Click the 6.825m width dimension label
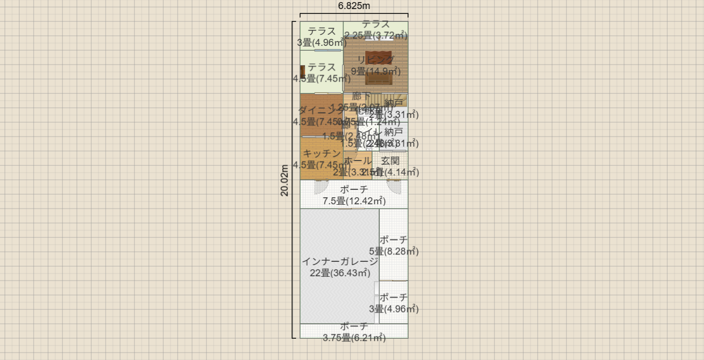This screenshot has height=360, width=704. [354, 6]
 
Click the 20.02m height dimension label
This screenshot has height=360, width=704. [285, 180]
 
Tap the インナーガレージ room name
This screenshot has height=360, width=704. [340, 261]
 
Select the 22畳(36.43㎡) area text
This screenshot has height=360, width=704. [340, 273]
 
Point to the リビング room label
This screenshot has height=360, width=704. [375, 59]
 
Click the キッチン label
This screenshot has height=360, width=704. [322, 154]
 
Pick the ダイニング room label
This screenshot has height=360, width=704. [320, 110]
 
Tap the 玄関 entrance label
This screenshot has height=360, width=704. [390, 161]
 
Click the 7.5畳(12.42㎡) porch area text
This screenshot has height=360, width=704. [354, 201]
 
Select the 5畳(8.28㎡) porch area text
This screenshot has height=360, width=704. [394, 251]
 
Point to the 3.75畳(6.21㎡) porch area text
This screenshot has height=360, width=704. [354, 337]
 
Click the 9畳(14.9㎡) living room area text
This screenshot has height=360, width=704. [375, 71]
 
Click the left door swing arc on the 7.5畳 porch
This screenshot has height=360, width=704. [321, 187]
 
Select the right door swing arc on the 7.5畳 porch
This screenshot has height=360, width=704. [394, 187]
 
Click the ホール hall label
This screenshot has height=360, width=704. [357, 161]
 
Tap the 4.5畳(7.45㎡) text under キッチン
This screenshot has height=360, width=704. [318, 165]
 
